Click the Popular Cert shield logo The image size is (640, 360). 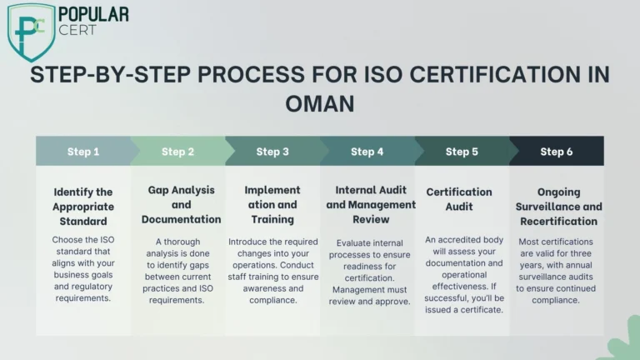click(32, 32)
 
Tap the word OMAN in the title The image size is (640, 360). click(320, 103)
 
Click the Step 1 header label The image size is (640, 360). click(83, 152)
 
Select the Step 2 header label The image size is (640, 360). click(177, 152)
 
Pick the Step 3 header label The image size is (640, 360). click(272, 152)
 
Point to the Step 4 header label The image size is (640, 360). click(367, 152)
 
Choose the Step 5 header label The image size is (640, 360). click(462, 152)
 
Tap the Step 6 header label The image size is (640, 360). click(557, 152)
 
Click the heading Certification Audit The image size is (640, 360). click(459, 199)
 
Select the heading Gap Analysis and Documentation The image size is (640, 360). click(181, 205)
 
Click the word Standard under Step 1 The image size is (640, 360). click(83, 221)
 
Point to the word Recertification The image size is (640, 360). click(559, 221)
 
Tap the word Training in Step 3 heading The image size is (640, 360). click(272, 220)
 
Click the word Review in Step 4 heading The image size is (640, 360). click(371, 220)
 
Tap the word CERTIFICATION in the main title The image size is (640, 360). click(495, 75)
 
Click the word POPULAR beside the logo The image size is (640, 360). click(93, 15)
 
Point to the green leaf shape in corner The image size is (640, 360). click(625, 341)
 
